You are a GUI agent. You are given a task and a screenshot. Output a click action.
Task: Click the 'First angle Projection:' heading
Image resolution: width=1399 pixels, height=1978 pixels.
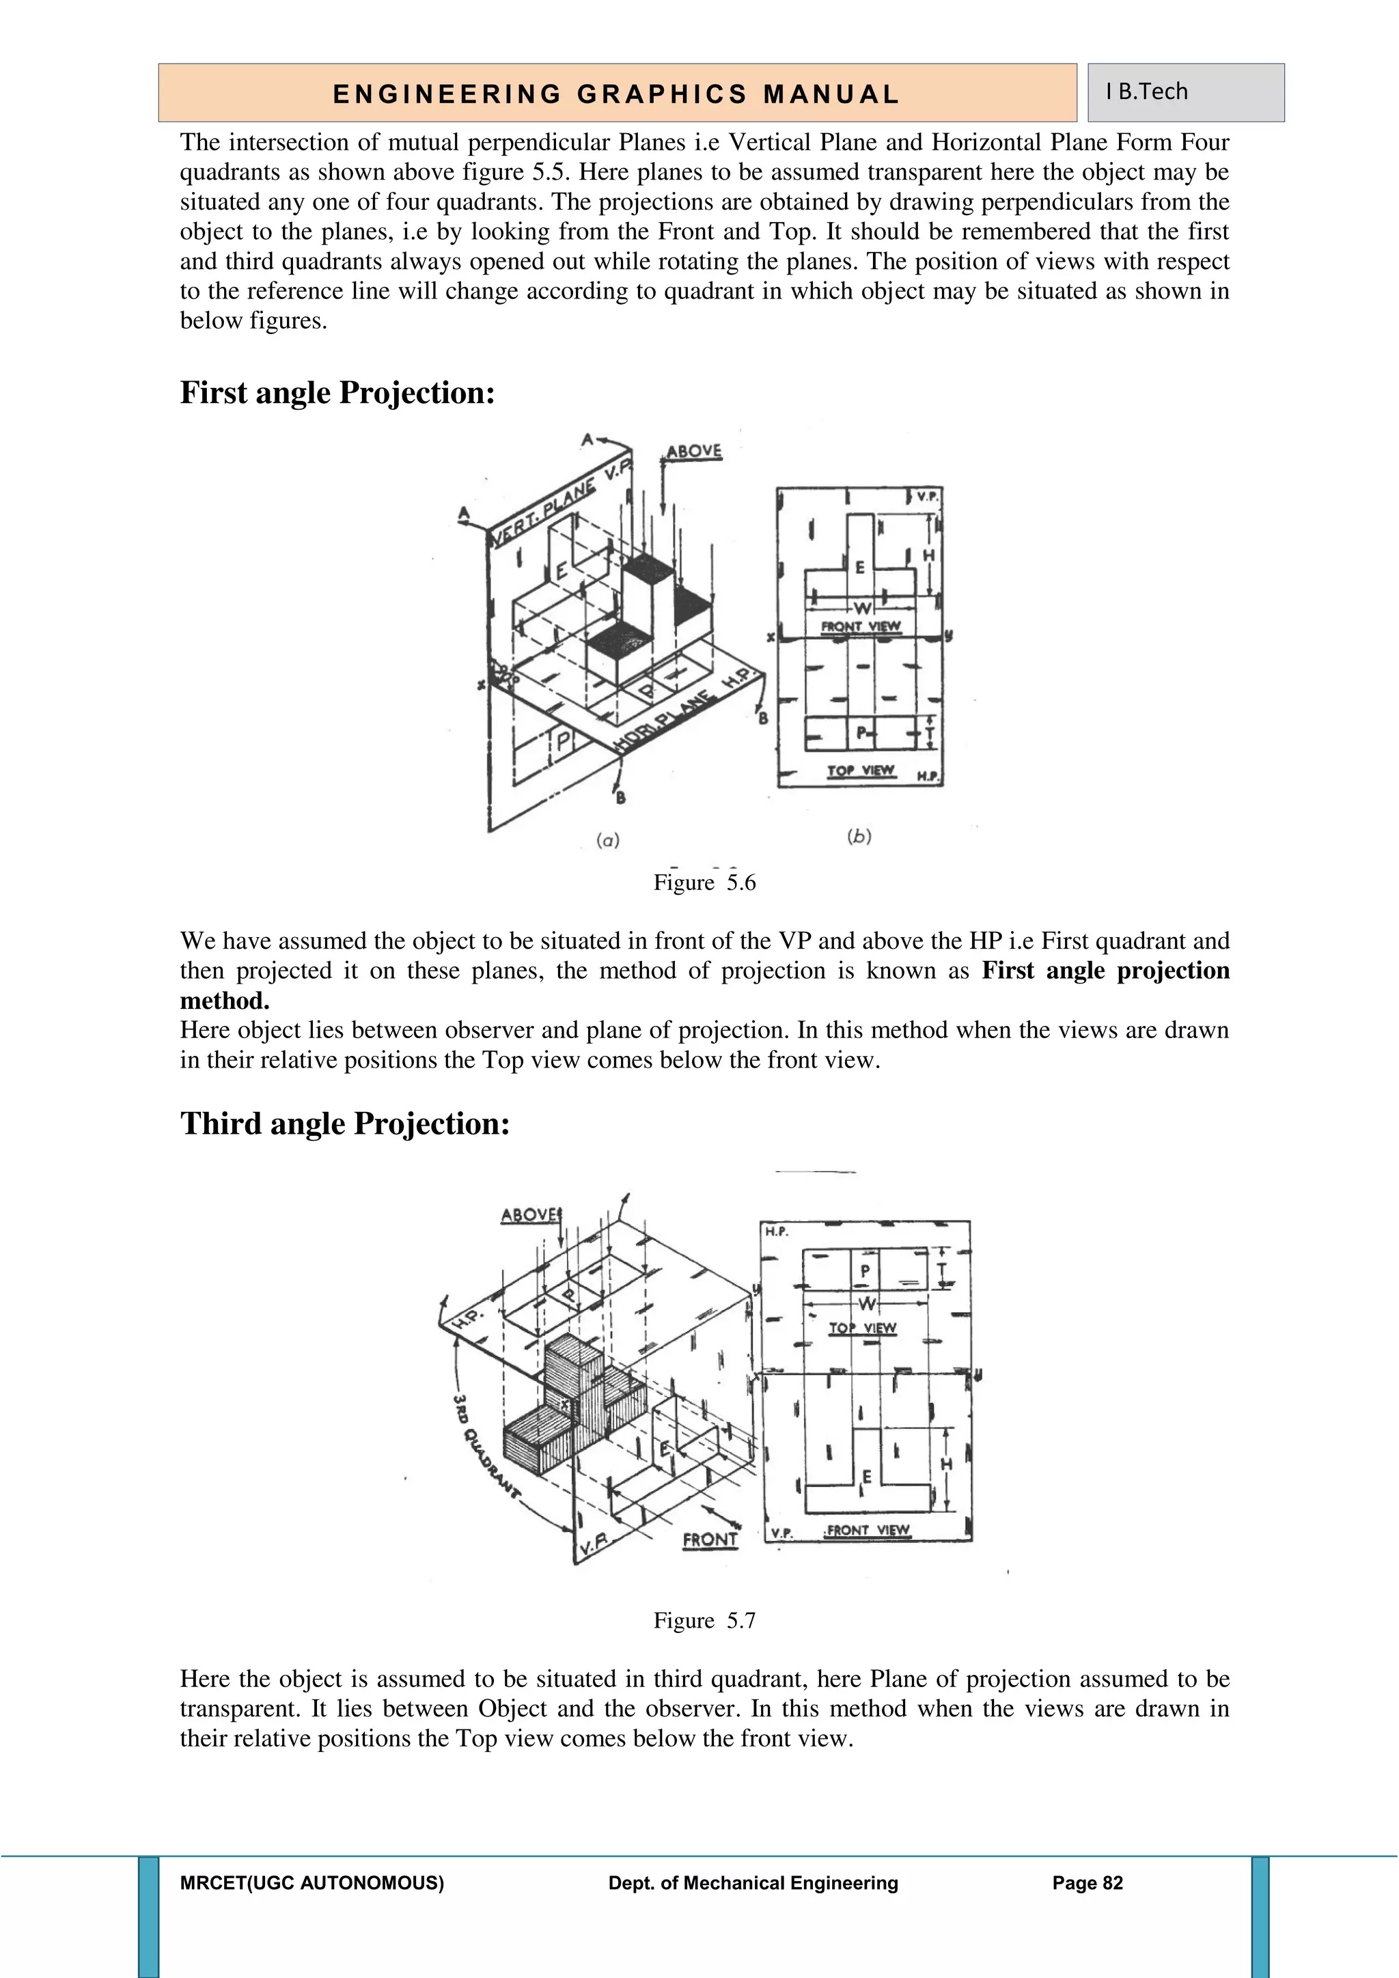pyautogui.click(x=337, y=393)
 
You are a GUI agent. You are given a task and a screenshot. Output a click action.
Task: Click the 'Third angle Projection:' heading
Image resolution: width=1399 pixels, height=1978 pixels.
pyautogui.click(x=344, y=1124)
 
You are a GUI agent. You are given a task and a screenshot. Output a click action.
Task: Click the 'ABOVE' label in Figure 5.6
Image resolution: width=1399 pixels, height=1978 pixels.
pyautogui.click(x=693, y=452)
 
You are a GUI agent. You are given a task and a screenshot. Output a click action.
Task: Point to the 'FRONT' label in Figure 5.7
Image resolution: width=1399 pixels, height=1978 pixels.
pyautogui.click(x=710, y=1540)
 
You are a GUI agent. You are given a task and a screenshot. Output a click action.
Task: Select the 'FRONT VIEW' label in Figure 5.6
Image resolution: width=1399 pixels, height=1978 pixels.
pyautogui.click(x=861, y=626)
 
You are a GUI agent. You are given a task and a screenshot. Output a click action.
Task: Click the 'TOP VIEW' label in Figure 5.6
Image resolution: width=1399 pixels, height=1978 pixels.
pyautogui.click(x=861, y=770)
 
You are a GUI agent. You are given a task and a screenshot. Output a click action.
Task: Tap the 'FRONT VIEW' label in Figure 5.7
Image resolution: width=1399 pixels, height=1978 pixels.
pyautogui.click(x=867, y=1530)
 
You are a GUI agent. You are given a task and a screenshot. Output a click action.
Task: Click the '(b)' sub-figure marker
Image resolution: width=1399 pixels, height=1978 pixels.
pyautogui.click(x=859, y=835)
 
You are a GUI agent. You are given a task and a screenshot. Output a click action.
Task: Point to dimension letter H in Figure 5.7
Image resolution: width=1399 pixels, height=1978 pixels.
pyautogui.click(x=946, y=1464)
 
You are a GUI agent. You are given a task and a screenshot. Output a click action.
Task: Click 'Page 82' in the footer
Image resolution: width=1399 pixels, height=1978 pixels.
pyautogui.click(x=1087, y=1883)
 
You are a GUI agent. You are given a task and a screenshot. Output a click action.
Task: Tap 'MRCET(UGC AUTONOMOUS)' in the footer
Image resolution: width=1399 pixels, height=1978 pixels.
pyautogui.click(x=312, y=1883)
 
